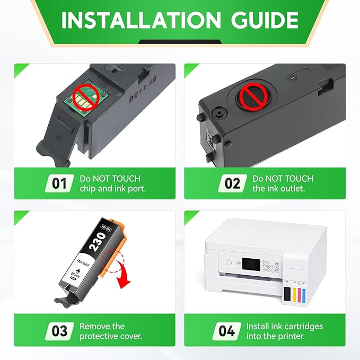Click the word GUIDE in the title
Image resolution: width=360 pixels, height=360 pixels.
265,20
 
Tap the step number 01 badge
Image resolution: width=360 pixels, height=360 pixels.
59,183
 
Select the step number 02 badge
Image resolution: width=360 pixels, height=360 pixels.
232,183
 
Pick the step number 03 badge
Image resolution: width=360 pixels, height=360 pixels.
59,331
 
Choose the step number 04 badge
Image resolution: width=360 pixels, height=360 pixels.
226,331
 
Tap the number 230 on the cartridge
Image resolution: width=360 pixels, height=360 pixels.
98,242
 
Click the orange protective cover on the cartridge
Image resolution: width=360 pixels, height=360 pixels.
113,249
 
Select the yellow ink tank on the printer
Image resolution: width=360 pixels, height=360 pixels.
294,294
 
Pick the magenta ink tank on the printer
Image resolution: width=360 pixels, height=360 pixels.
299,294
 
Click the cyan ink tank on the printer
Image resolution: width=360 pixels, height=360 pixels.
304,295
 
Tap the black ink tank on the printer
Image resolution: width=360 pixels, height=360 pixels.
287,293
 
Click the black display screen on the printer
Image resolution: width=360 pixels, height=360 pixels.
251,264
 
